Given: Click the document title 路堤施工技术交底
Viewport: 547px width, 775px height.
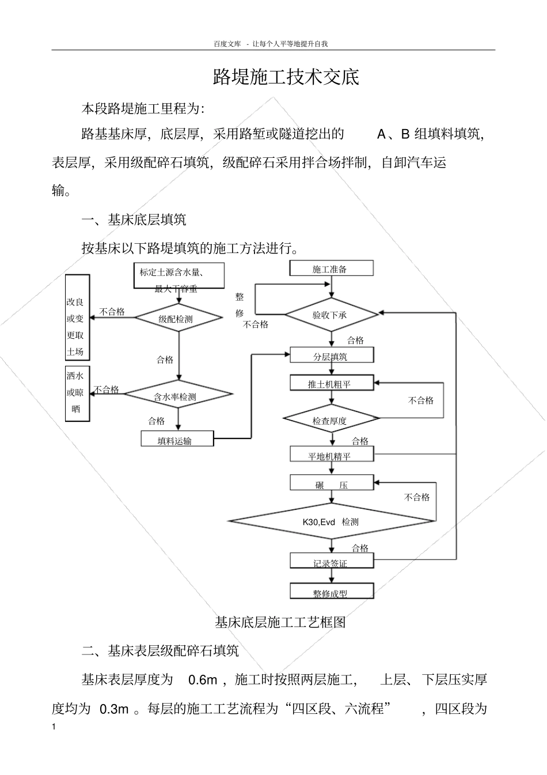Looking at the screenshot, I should [286, 77].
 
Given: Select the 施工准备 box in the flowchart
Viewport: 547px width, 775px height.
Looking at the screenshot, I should [331, 269].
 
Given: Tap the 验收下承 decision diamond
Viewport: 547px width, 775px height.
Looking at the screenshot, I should [331, 315].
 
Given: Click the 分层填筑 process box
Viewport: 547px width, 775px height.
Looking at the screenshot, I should [331, 356].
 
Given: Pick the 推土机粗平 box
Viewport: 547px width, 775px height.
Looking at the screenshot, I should [331, 383].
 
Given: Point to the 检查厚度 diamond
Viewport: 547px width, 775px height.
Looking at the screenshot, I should [331, 420].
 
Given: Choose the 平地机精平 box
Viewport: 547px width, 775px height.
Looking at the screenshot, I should [331, 455].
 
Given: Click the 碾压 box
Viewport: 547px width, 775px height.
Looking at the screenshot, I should [331, 485].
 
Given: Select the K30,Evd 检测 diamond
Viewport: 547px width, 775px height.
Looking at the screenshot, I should [331, 521].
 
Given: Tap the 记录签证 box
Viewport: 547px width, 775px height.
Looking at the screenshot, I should [331, 562].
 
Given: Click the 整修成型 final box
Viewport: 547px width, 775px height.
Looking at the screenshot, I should [331, 592].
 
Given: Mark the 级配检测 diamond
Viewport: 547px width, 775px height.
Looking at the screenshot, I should [178, 319].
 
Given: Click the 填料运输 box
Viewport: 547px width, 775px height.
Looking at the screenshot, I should [177, 440].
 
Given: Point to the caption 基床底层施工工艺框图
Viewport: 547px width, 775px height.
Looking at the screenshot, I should [280, 622].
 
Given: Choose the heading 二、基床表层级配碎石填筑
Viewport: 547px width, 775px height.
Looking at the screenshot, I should [160, 651].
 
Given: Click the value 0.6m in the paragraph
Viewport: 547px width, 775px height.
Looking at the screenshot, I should [203, 680].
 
